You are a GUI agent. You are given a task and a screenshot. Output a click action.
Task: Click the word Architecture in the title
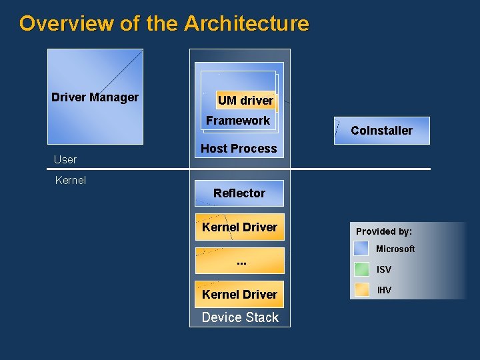[247, 24]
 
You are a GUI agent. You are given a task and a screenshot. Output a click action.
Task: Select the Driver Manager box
[95, 97]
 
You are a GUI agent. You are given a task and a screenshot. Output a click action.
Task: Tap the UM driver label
[245, 101]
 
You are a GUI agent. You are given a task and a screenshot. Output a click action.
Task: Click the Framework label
[238, 121]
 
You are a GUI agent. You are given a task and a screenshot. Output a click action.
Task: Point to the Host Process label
[239, 149]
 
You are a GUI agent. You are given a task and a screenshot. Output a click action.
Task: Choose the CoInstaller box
[381, 131]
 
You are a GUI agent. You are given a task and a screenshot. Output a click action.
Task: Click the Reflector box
[239, 193]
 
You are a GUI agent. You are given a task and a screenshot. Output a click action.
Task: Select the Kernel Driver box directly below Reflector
[239, 227]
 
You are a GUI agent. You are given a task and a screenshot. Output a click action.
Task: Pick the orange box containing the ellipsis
[239, 261]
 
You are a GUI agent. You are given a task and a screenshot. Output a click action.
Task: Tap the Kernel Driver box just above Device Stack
[239, 294]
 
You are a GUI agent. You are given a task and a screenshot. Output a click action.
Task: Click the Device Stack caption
[240, 317]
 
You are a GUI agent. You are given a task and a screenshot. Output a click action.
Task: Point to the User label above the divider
[65, 159]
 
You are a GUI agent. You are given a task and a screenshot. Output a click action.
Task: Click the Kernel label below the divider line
[71, 180]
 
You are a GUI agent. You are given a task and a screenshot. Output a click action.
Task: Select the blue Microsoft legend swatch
[361, 249]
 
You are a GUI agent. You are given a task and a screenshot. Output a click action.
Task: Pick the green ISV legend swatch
[361, 269]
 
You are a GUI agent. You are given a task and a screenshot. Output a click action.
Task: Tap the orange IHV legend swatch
[361, 290]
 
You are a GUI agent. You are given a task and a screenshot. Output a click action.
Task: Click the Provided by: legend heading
[384, 231]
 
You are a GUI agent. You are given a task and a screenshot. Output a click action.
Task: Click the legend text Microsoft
[395, 249]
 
